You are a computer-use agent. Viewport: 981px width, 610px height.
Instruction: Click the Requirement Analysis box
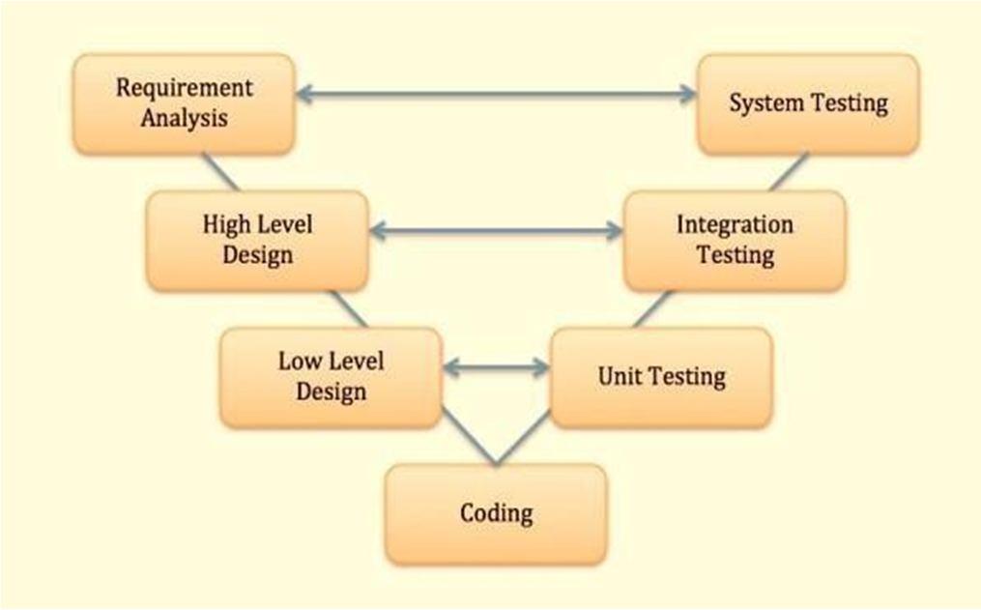click(184, 103)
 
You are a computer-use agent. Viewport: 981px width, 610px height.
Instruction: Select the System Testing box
click(808, 103)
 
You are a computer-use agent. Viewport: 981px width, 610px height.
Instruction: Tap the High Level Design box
click(257, 241)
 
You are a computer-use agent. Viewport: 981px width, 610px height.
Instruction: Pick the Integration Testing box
click(735, 241)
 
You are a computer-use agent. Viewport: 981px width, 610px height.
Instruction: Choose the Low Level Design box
click(331, 377)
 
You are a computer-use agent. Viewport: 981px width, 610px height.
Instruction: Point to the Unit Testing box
click(661, 377)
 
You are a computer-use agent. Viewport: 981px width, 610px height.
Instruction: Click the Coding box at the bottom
click(496, 513)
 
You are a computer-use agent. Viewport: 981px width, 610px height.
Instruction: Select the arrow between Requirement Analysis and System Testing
click(496, 94)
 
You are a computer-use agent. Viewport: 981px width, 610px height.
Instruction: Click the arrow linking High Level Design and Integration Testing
click(496, 230)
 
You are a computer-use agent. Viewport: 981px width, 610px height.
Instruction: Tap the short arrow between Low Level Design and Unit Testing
click(496, 367)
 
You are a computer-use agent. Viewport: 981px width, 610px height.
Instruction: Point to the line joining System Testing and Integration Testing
click(788, 172)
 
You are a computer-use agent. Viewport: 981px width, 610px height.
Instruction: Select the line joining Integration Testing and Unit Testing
click(654, 309)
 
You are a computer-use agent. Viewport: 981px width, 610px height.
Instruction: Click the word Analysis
click(184, 119)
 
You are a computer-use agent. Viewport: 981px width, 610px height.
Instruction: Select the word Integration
click(735, 225)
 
